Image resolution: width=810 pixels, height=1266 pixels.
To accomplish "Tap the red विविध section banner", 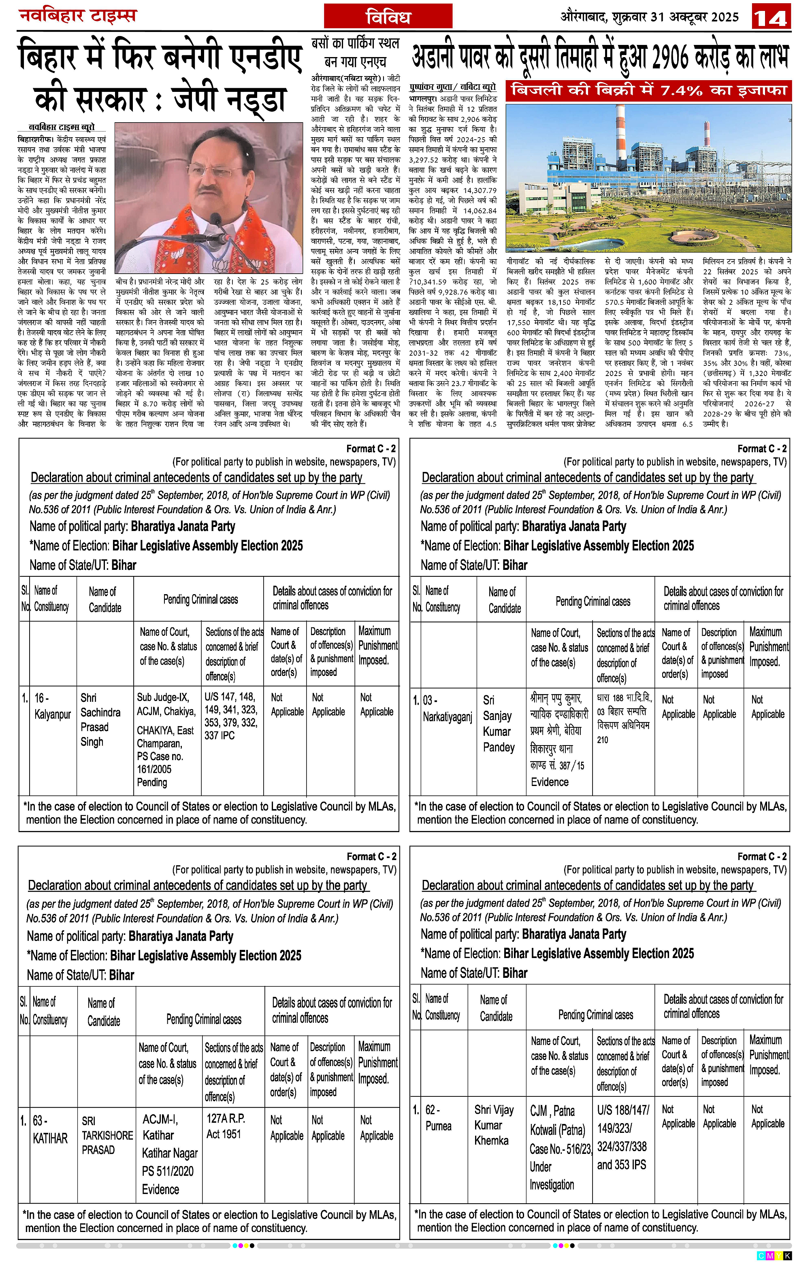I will [388, 16].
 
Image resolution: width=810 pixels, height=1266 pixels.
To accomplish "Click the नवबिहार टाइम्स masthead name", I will [77, 16].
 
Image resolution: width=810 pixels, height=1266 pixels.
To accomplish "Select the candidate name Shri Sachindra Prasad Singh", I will [100, 720].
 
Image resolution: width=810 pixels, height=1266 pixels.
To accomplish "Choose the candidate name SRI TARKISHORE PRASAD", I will [107, 1135].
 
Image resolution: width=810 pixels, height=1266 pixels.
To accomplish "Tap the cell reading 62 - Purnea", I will [438, 1118].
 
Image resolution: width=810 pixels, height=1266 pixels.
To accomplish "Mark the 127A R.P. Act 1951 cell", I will [226, 1126].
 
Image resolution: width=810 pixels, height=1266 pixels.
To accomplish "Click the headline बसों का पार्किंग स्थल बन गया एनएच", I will [356, 52].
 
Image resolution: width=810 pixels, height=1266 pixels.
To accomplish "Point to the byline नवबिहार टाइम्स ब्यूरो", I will [62, 127].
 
